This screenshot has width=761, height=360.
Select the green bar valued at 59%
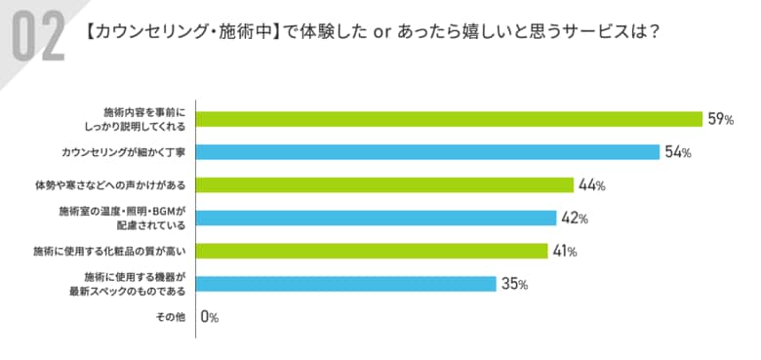(x=449, y=119)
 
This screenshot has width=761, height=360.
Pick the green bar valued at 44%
(x=384, y=185)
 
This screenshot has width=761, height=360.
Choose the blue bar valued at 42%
(x=376, y=218)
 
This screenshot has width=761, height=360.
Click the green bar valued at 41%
(x=371, y=251)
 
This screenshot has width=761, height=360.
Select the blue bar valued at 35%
(x=346, y=284)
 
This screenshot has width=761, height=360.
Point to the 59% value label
(x=721, y=119)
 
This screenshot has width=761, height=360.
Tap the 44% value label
(x=591, y=185)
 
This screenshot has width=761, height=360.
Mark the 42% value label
(x=575, y=218)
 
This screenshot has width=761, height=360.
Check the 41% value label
(x=565, y=251)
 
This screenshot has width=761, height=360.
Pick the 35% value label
(x=515, y=284)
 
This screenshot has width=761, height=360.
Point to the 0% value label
(x=210, y=317)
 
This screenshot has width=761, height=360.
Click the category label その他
(x=172, y=317)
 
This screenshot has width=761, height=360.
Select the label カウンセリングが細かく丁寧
(x=123, y=152)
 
